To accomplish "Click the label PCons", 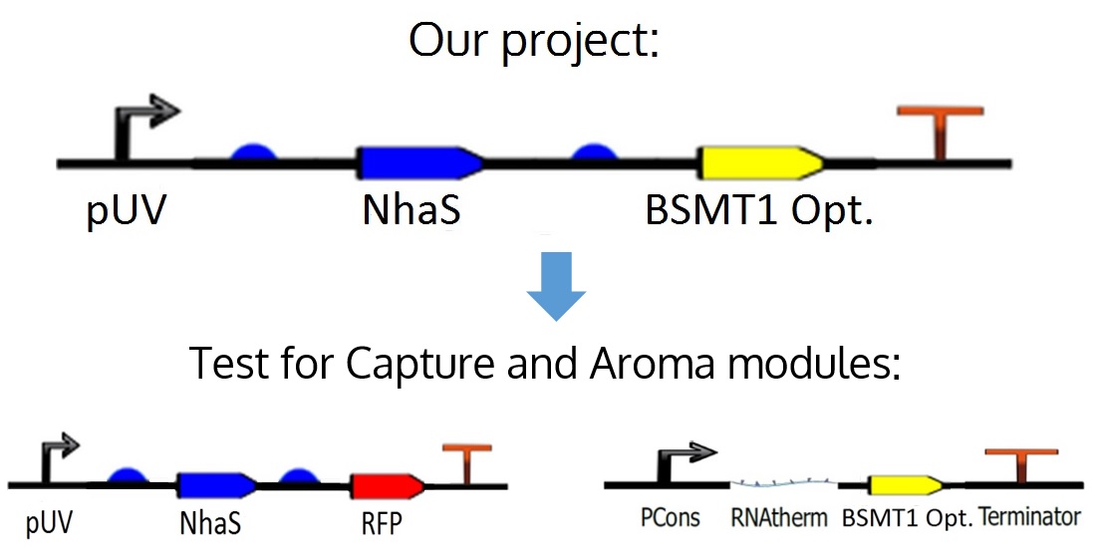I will click(670, 518).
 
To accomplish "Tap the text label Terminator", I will click(1029, 517).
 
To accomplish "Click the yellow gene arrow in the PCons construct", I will click(904, 484).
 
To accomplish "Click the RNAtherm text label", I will click(782, 518).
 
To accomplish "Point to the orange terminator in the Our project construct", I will click(941, 131).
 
